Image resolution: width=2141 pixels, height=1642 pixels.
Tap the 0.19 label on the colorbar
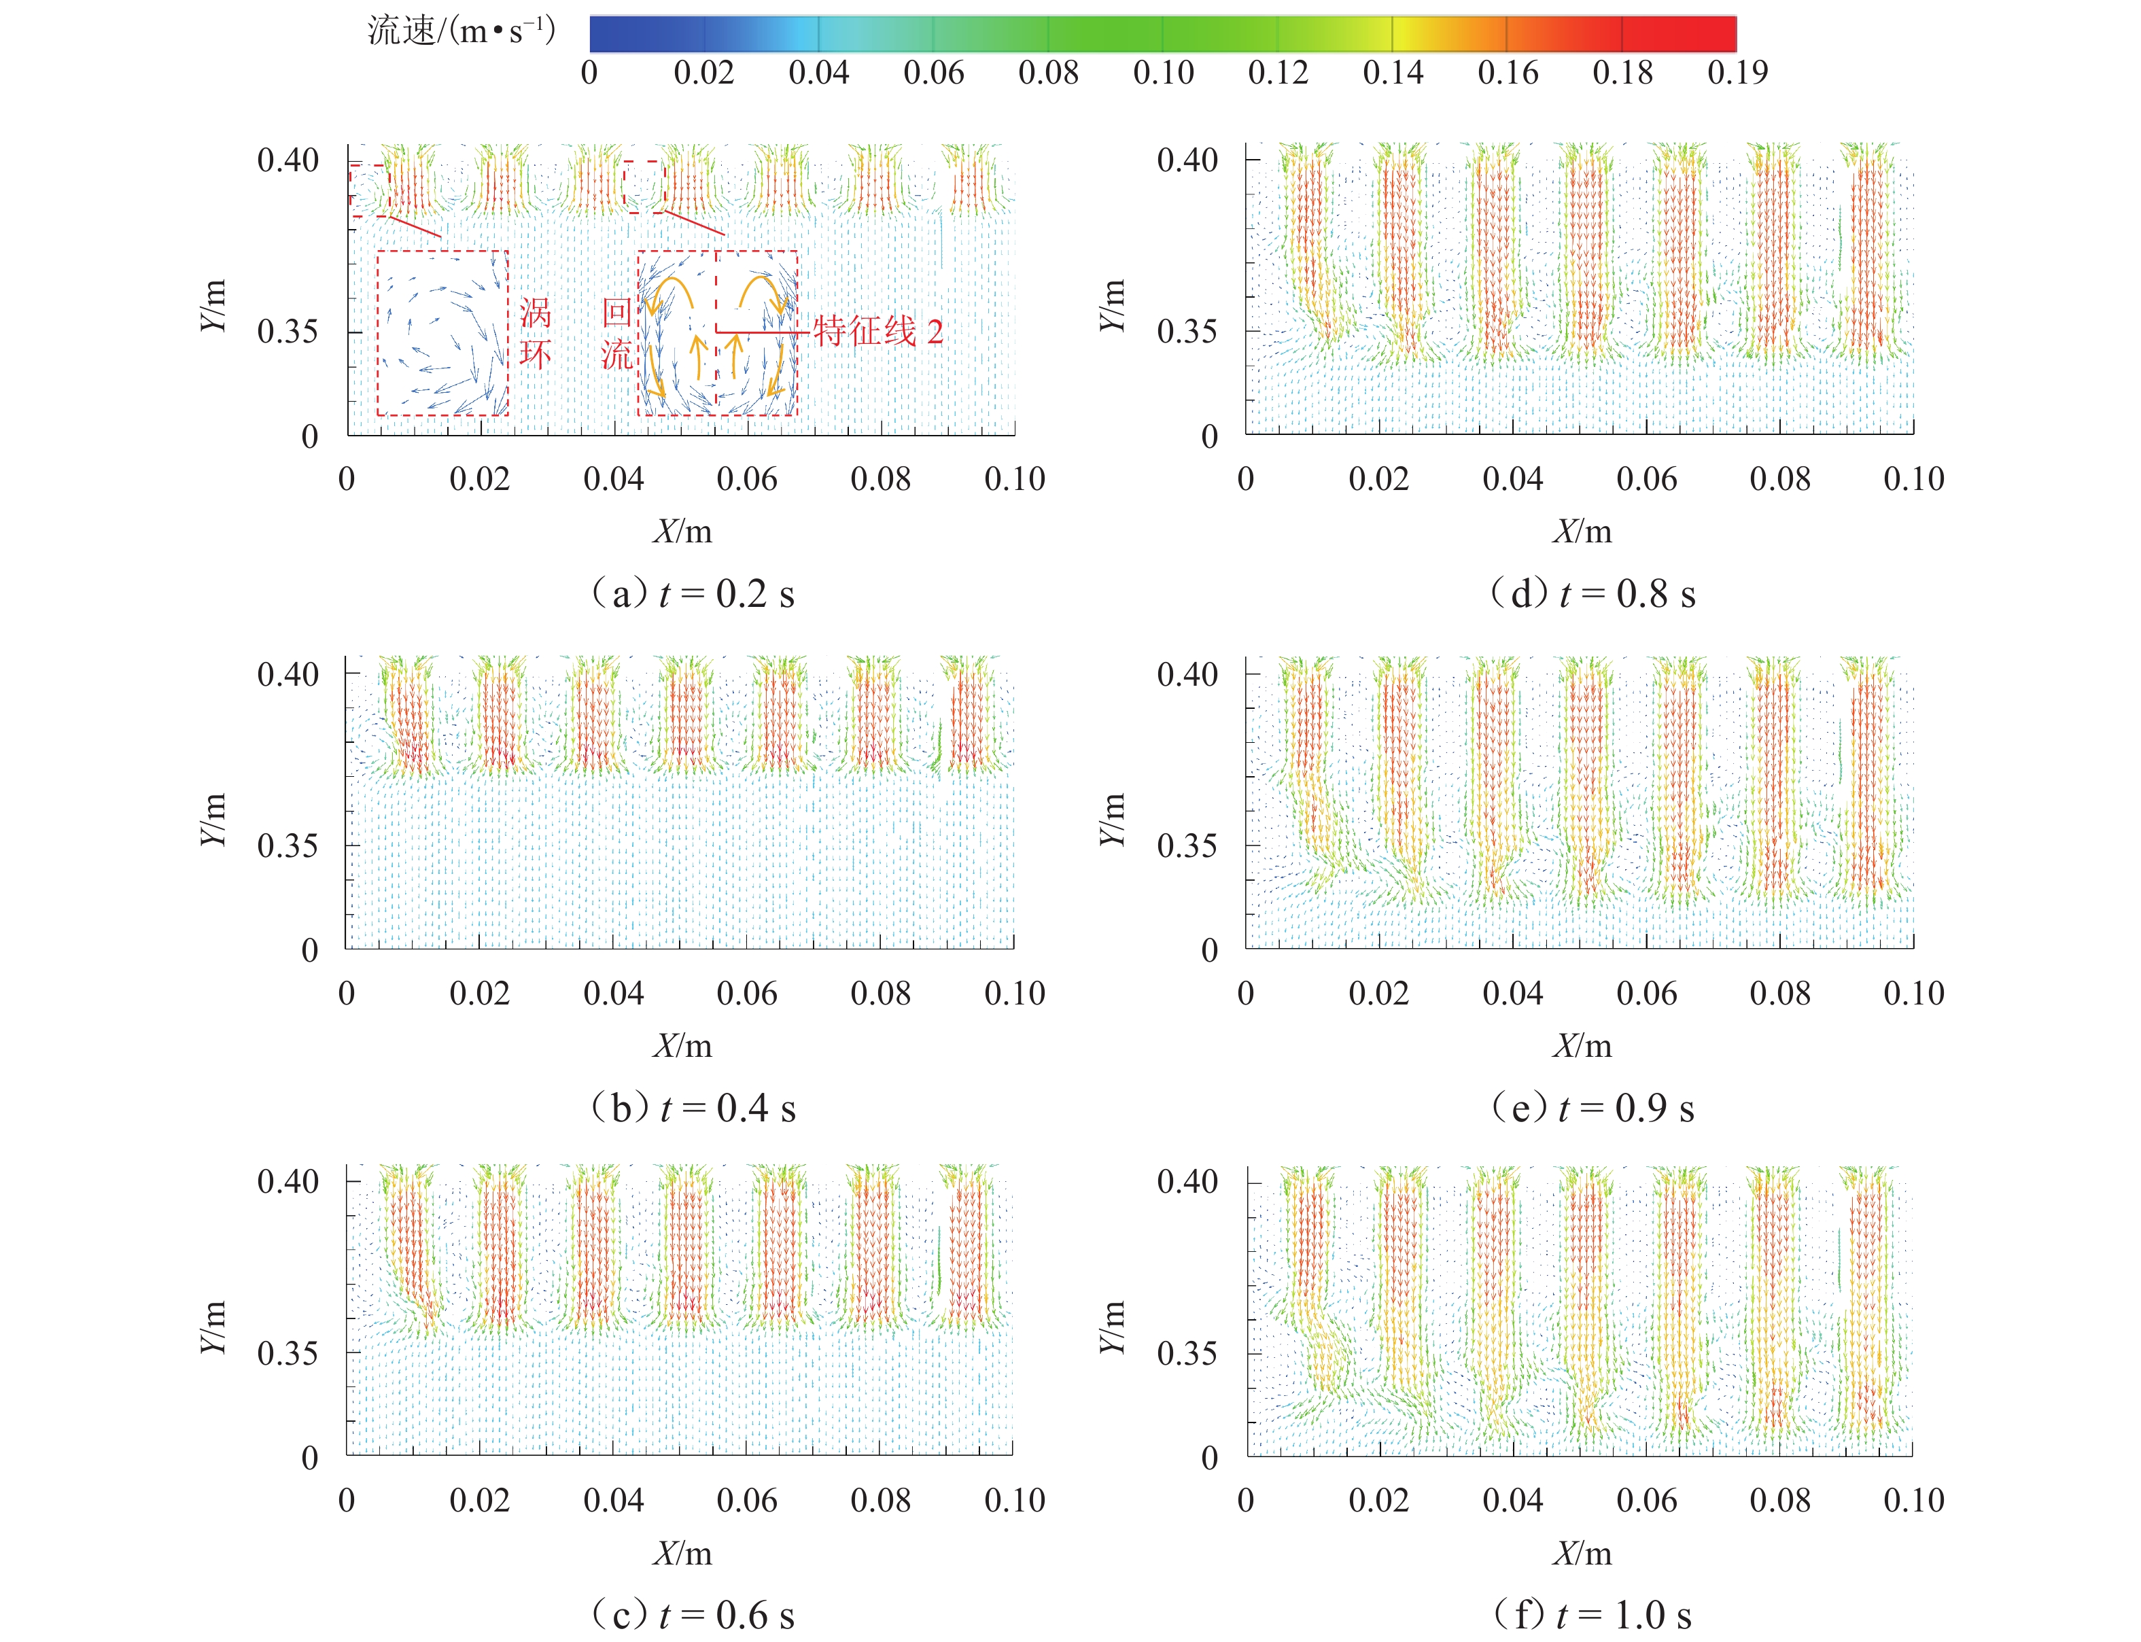pyautogui.click(x=1737, y=72)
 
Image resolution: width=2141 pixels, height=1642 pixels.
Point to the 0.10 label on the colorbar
pyautogui.click(x=1163, y=72)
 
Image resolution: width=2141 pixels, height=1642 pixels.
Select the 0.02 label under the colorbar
pyautogui.click(x=703, y=72)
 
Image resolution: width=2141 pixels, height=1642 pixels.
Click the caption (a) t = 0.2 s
pyautogui.click(x=692, y=593)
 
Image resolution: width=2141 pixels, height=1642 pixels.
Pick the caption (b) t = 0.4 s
pyautogui.click(x=692, y=1107)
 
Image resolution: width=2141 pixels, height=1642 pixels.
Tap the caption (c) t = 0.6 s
pyautogui.click(x=692, y=1615)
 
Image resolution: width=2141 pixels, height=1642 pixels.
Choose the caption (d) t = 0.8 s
pyautogui.click(x=1592, y=593)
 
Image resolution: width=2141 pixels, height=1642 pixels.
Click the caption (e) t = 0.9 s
pyautogui.click(x=1592, y=1107)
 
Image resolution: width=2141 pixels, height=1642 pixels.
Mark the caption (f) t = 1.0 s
pyautogui.click(x=1592, y=1615)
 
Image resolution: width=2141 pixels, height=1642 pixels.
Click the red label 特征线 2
pyautogui.click(x=877, y=332)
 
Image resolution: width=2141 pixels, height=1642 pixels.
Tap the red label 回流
pyautogui.click(x=616, y=332)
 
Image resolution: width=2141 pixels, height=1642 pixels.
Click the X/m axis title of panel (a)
pyautogui.click(x=682, y=531)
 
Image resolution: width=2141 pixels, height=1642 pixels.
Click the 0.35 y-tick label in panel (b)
pyautogui.click(x=288, y=845)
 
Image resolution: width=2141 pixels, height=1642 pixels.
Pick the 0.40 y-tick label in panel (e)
pyautogui.click(x=1187, y=674)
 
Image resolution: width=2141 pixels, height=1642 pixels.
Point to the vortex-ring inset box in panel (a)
pyautogui.click(x=442, y=333)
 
